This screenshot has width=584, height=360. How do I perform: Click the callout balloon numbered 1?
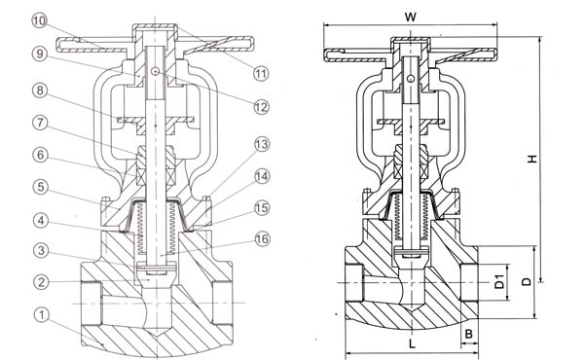tap(42, 315)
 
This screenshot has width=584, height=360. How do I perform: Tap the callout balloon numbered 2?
tap(42, 282)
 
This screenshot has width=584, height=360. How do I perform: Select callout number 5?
tap(41, 187)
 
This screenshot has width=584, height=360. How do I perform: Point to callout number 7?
tap(40, 123)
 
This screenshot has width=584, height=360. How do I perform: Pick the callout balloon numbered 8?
tap(40, 90)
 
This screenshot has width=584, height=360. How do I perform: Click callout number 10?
tap(39, 20)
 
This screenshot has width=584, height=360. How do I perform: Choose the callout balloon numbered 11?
tap(261, 73)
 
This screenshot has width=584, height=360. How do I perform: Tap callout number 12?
tap(261, 107)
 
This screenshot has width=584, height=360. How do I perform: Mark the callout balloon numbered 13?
tap(262, 144)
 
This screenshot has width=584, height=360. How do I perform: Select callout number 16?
tap(262, 238)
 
